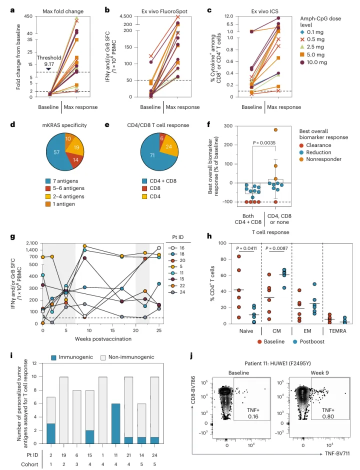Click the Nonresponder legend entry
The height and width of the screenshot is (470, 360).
(324, 159)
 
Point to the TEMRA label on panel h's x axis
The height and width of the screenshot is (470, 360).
(338, 331)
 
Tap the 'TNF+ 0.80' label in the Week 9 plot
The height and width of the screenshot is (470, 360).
(328, 413)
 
